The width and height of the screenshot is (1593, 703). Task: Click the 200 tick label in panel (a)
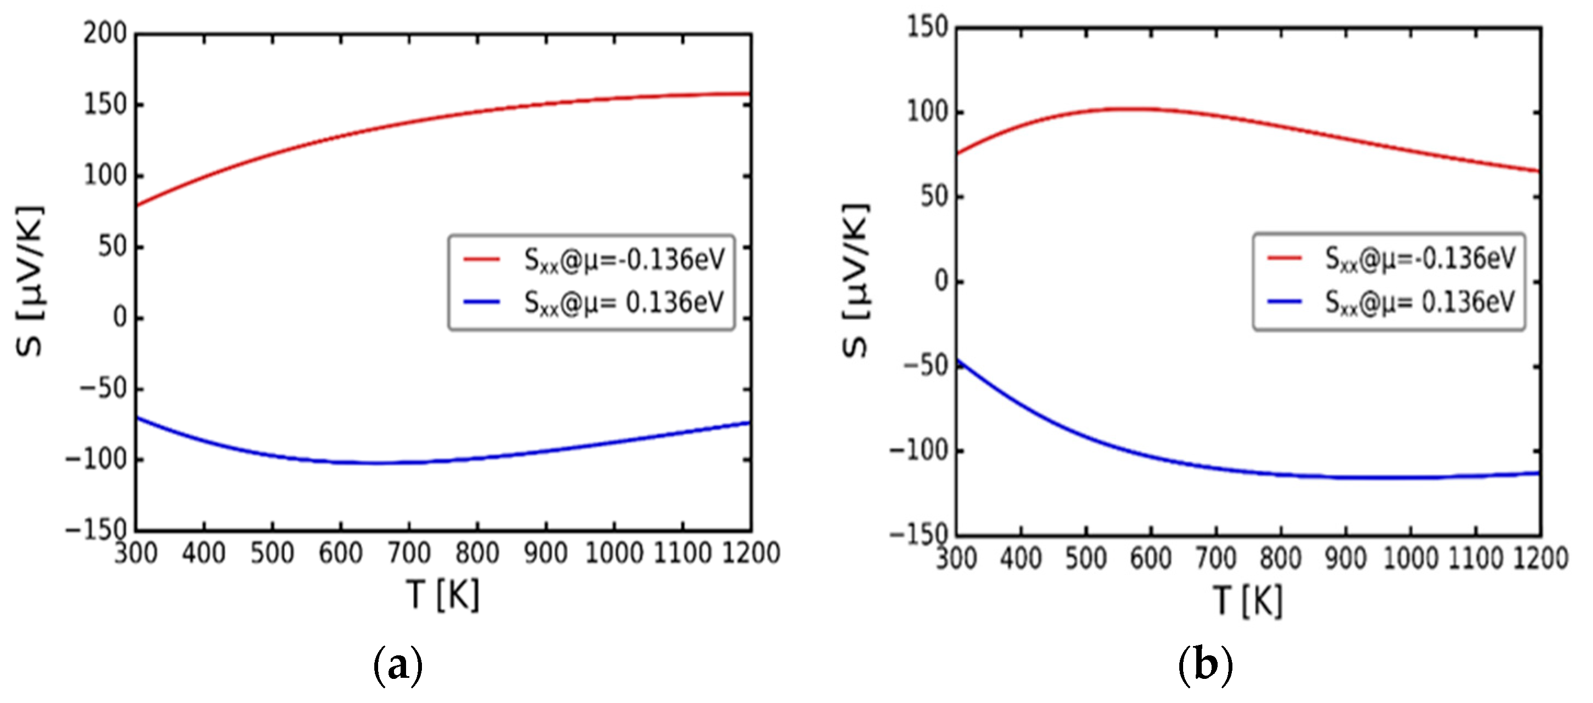[105, 33]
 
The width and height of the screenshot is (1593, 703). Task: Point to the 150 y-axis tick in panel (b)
[927, 27]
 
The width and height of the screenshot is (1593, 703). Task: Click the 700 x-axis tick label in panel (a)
[409, 553]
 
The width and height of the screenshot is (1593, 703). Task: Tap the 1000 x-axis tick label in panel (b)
[1410, 558]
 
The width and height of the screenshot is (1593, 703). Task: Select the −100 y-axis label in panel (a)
[96, 459]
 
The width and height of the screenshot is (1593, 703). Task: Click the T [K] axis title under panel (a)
[443, 596]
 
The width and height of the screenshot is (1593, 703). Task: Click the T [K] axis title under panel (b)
[1248, 601]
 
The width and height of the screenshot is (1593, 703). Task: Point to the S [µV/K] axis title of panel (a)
[30, 281]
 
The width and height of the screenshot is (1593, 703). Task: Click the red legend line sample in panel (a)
[482, 259]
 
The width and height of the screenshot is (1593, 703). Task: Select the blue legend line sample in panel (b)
[1284, 302]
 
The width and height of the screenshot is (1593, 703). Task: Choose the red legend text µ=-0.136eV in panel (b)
[1420, 259]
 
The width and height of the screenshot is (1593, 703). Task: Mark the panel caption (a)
[398, 666]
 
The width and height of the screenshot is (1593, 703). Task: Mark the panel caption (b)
[1205, 666]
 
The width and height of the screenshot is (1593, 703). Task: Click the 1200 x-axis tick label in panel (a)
[751, 553]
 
